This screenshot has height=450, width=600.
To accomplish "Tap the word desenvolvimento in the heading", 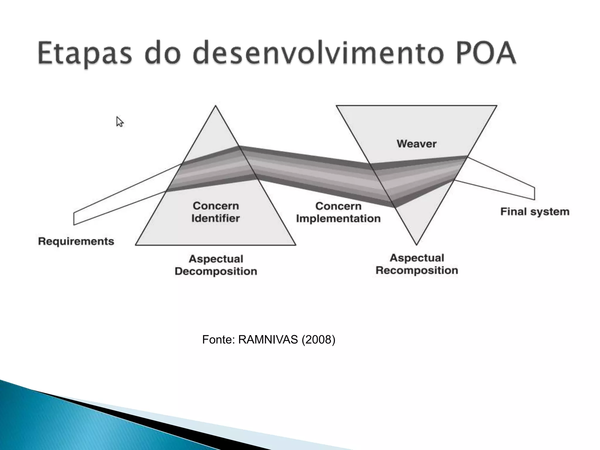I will pos(318,54).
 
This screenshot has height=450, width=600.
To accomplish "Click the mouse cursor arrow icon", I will pos(120,122).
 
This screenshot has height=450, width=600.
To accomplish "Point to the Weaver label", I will pos(416,144).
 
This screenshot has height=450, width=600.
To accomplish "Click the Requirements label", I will pos(76,241).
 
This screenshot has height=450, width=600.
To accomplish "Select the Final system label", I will pos(535,212).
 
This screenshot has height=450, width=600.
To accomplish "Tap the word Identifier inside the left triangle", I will pos(216,218).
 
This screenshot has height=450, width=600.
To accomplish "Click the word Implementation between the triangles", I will pos(338,219).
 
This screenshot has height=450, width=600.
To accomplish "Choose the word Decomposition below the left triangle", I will pos(216,271).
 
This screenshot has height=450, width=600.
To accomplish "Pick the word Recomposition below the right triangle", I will pos(417,270).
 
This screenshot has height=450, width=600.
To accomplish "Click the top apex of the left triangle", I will pos(216,106).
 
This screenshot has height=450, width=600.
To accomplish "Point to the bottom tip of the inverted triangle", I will pos(416,244).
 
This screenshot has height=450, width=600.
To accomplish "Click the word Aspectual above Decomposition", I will pos(216,259).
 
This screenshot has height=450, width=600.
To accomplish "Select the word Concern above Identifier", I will pos(216,206).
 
